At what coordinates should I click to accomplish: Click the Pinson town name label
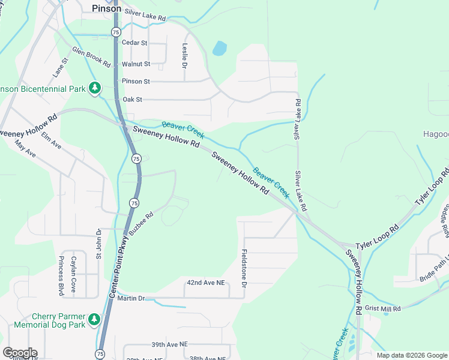106,8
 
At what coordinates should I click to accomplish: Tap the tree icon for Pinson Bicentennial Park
94,88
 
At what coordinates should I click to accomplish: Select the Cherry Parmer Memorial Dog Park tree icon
94,320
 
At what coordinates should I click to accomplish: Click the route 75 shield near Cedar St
116,31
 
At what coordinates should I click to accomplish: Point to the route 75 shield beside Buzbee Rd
134,203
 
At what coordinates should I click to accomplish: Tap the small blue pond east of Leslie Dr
220,48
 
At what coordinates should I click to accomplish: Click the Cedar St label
134,43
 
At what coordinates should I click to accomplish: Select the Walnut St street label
136,64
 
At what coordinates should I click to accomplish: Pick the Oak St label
132,100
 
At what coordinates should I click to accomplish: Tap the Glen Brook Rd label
91,56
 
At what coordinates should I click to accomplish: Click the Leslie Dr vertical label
184,55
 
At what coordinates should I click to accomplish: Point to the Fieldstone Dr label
244,268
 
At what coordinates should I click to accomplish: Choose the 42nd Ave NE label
205,282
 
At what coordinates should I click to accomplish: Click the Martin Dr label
131,298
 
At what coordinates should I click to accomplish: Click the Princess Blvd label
61,275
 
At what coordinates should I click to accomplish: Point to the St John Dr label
100,243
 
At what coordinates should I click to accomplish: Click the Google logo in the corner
19,353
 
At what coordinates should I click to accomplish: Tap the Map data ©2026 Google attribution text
411,355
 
